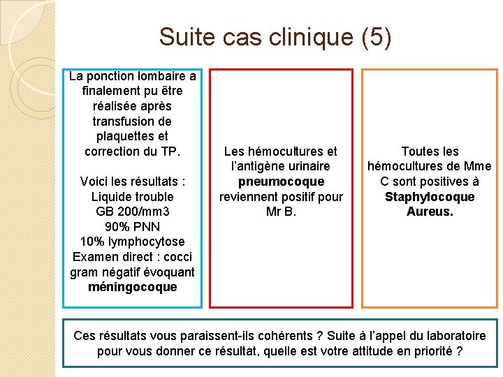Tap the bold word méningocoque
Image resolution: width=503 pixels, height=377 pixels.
pos(133,287)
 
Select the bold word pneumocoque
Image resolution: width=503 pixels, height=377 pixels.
pos(281,182)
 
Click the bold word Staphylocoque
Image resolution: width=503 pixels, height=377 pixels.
pos(430,197)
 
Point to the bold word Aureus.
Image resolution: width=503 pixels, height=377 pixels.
pos(430,212)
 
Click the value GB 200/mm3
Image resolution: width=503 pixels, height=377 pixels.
pos(133,212)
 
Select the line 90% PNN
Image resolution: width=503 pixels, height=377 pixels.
pos(133,227)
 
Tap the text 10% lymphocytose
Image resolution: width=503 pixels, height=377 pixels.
pos(133,242)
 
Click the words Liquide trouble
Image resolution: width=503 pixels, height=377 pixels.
pos(133,197)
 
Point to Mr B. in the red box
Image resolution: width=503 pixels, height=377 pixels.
pos(281,212)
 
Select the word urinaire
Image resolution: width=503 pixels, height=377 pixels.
pos(305,166)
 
